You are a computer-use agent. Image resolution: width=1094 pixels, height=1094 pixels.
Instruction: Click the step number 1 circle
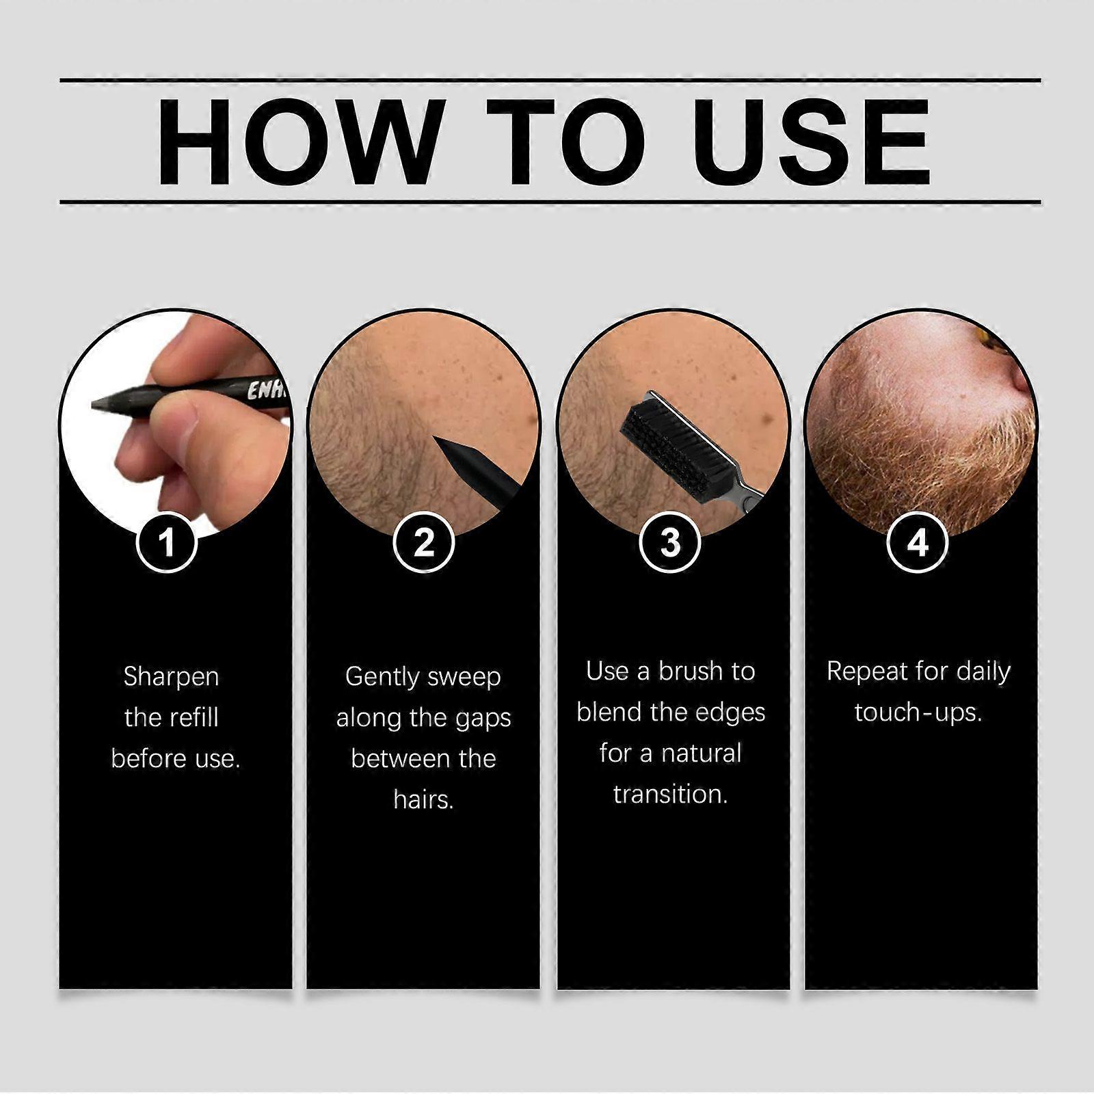166,543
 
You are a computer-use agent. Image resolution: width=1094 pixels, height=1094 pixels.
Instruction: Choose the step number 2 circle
424,543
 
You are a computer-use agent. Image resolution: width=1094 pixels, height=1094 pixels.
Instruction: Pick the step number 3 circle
670,543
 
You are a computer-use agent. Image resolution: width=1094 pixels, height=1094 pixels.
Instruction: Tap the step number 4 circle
918,543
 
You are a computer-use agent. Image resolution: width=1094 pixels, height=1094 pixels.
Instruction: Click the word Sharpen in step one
172,678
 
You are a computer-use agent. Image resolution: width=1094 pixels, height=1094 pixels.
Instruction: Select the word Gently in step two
382,678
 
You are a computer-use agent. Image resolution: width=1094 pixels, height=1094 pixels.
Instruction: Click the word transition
670,794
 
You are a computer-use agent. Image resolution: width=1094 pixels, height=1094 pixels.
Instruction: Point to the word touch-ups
918,713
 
